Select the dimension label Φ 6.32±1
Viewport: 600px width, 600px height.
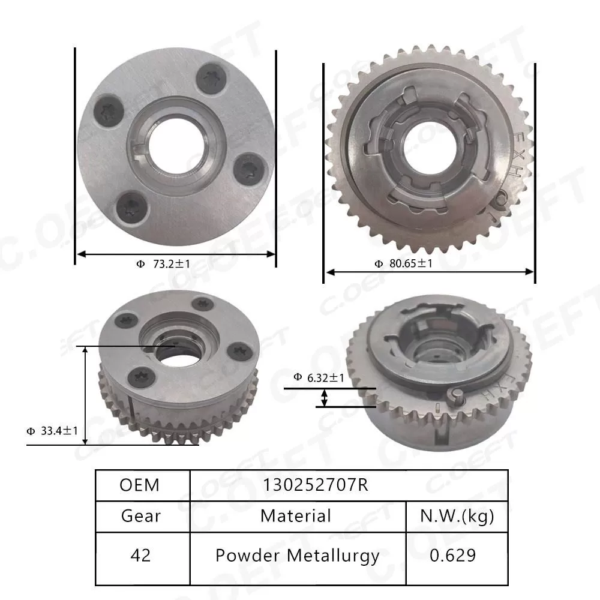319,377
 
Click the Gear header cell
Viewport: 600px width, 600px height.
141,516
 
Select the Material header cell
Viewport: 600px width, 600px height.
296,516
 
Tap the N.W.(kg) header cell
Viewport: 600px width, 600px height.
457,516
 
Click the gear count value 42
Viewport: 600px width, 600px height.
140,556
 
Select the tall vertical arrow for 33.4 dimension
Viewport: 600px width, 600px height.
85,395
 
